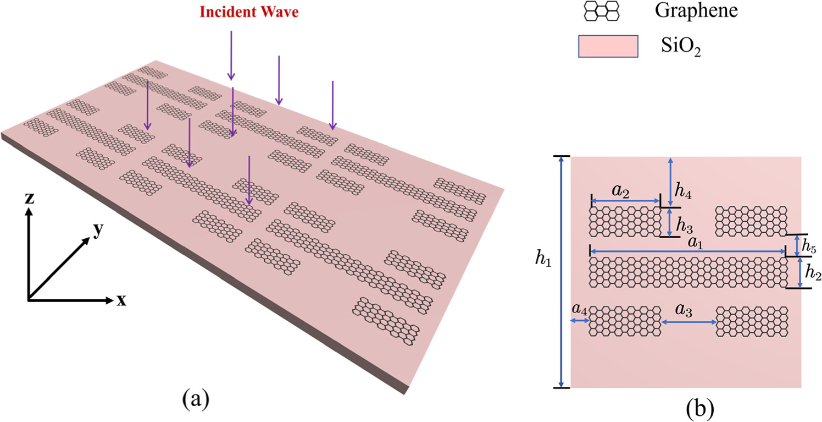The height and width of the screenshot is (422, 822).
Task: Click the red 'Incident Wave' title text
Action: click(x=249, y=12)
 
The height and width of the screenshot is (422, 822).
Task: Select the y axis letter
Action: click(x=98, y=231)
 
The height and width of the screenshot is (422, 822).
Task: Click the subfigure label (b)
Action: click(x=699, y=408)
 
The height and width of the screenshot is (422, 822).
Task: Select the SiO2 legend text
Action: click(x=681, y=49)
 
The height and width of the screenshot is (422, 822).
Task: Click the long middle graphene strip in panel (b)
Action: click(x=687, y=272)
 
